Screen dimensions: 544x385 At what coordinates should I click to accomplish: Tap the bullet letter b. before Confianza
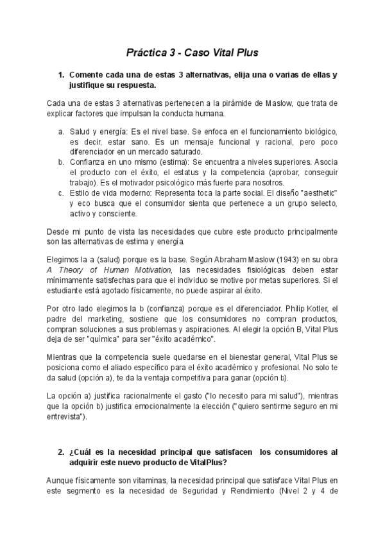click(x=61, y=162)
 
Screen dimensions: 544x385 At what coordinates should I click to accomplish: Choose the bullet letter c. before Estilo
click(x=61, y=193)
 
